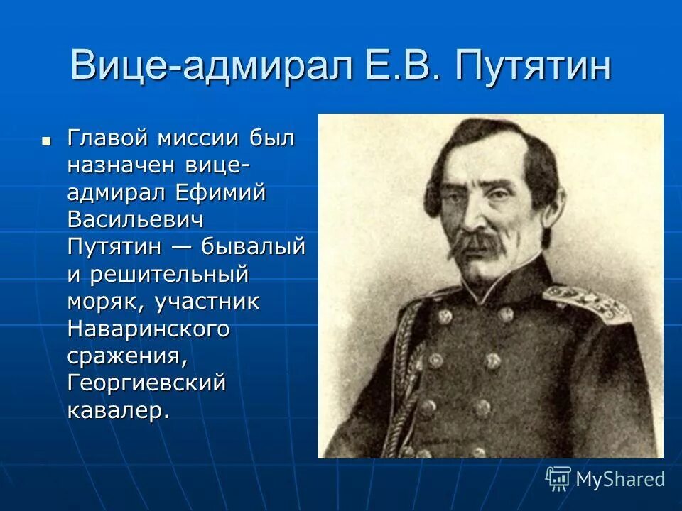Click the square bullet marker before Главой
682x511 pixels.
47,141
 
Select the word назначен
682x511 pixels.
122,165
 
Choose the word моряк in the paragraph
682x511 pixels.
104,302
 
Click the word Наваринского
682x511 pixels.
149,329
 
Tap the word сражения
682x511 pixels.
128,356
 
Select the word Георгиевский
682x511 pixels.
147,383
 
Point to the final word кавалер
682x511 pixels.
119,411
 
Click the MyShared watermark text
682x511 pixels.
619,479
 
